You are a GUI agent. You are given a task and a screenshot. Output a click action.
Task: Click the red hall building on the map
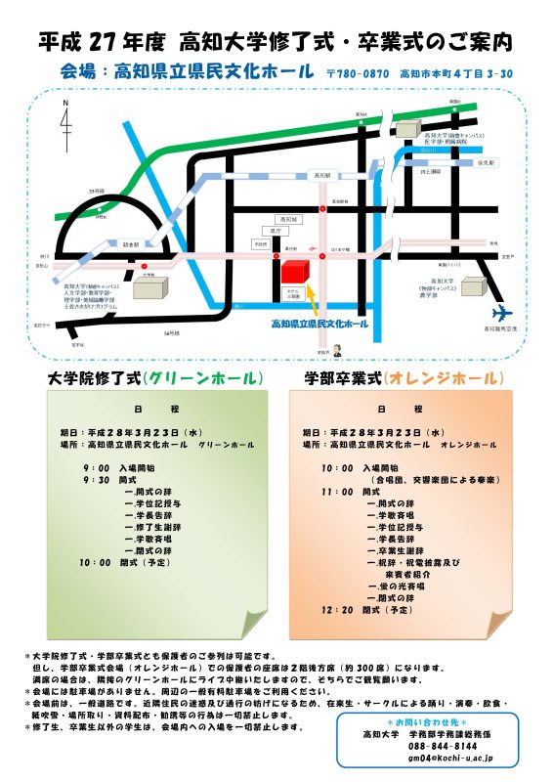(x=295, y=271)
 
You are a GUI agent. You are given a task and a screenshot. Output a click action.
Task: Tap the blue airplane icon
(x=502, y=312)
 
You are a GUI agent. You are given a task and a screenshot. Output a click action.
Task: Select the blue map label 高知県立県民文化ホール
(x=319, y=324)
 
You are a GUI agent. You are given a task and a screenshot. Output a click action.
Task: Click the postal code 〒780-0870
(x=359, y=73)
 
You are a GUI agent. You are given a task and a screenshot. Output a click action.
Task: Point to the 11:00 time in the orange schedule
(x=337, y=492)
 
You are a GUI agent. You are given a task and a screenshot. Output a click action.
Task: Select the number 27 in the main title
(x=104, y=43)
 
